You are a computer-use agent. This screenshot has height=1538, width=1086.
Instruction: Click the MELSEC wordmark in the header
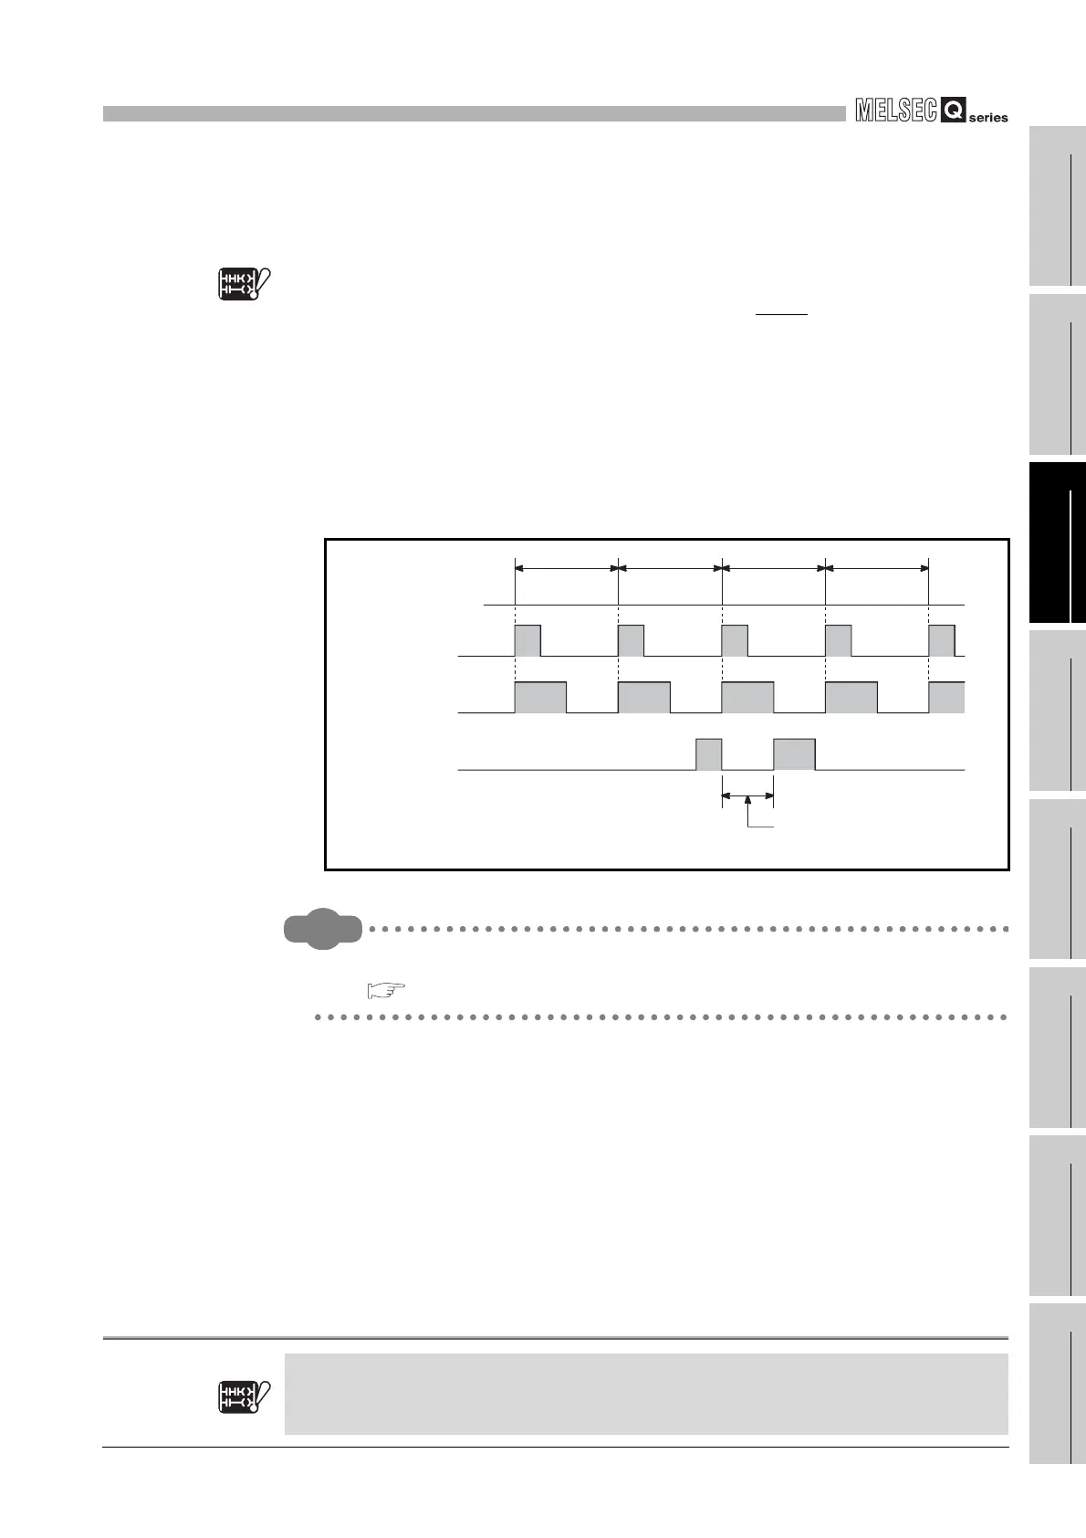pyautogui.click(x=896, y=111)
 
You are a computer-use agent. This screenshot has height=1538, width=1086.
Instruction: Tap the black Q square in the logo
pyautogui.click(x=953, y=112)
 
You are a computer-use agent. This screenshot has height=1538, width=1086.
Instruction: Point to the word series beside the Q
pyautogui.click(x=989, y=118)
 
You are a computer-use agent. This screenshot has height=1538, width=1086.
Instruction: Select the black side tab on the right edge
pyautogui.click(x=1057, y=542)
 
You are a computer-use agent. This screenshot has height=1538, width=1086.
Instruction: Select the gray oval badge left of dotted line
pyautogui.click(x=321, y=930)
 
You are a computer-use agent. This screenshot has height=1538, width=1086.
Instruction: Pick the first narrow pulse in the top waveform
pyautogui.click(x=527, y=640)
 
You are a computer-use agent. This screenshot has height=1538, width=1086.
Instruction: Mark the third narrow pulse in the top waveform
pyautogui.click(x=735, y=640)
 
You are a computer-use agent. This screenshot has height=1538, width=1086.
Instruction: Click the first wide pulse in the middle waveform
pyautogui.click(x=540, y=697)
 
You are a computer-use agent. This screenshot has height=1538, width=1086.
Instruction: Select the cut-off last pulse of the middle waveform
pyautogui.click(x=946, y=697)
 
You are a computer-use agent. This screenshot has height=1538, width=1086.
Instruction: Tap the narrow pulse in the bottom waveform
pyautogui.click(x=709, y=754)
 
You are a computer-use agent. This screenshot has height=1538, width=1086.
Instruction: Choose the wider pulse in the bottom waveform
pyautogui.click(x=794, y=754)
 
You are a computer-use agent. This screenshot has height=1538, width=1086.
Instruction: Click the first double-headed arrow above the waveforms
pyautogui.click(x=567, y=568)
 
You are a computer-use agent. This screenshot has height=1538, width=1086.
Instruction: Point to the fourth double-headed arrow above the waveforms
pyautogui.click(x=877, y=568)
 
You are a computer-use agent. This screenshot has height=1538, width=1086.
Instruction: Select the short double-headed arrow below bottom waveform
pyautogui.click(x=747, y=796)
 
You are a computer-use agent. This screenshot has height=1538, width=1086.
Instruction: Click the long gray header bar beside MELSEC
pyautogui.click(x=475, y=113)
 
